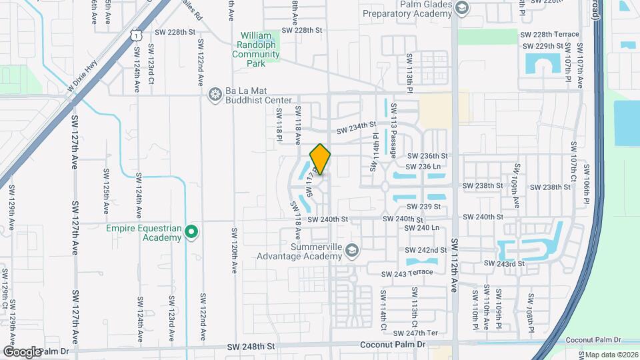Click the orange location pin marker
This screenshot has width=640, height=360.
[x=320, y=159]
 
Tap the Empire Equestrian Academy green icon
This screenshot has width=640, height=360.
[x=191, y=232]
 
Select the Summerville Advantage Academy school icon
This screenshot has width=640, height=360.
[x=353, y=251]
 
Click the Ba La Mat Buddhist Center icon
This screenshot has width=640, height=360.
[x=215, y=95]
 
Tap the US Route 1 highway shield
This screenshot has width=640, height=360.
[x=136, y=33]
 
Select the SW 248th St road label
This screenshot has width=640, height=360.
[x=251, y=347]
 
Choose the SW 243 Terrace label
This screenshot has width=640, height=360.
[x=407, y=274]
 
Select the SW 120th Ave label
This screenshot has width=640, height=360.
[x=235, y=251]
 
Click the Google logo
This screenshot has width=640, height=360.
[x=22, y=351]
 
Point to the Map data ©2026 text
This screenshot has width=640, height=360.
[x=612, y=355]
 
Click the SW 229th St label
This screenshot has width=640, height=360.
[x=544, y=46]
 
